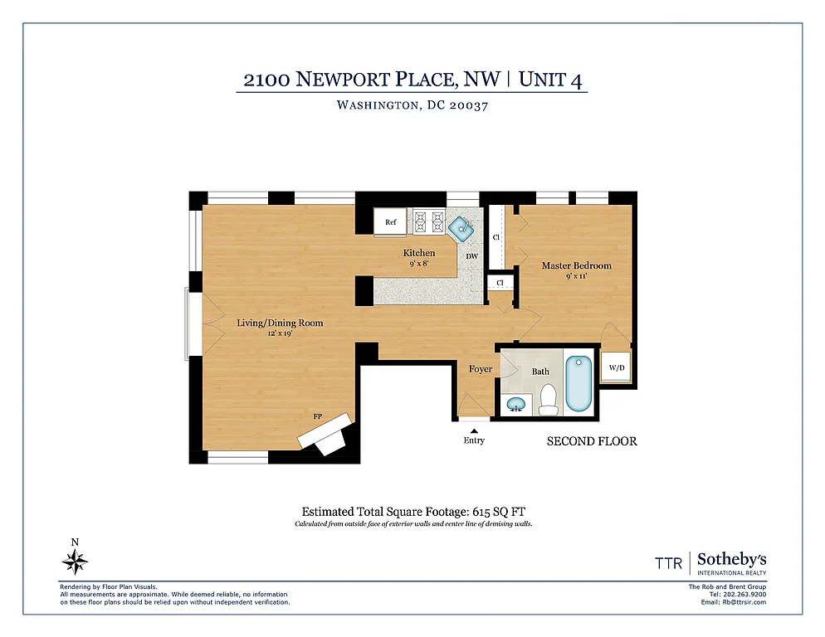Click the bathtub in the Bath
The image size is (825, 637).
(x=578, y=383)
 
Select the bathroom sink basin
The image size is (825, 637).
(x=517, y=405)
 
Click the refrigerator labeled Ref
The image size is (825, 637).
(x=390, y=222)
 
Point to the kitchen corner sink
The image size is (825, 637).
(x=461, y=225)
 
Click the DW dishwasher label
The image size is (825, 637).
(x=471, y=256)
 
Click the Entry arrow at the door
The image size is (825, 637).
(x=474, y=430)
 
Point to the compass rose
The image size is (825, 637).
(x=76, y=563)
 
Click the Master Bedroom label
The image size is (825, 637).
(x=576, y=265)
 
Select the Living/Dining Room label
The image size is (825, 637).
(x=280, y=323)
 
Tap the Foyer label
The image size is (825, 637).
(x=481, y=369)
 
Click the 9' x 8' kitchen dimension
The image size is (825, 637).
(x=419, y=264)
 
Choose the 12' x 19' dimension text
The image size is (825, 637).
(x=280, y=333)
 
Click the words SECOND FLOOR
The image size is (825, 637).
(x=591, y=441)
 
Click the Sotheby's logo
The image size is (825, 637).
(x=731, y=562)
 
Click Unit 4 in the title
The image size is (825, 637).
(x=554, y=80)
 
